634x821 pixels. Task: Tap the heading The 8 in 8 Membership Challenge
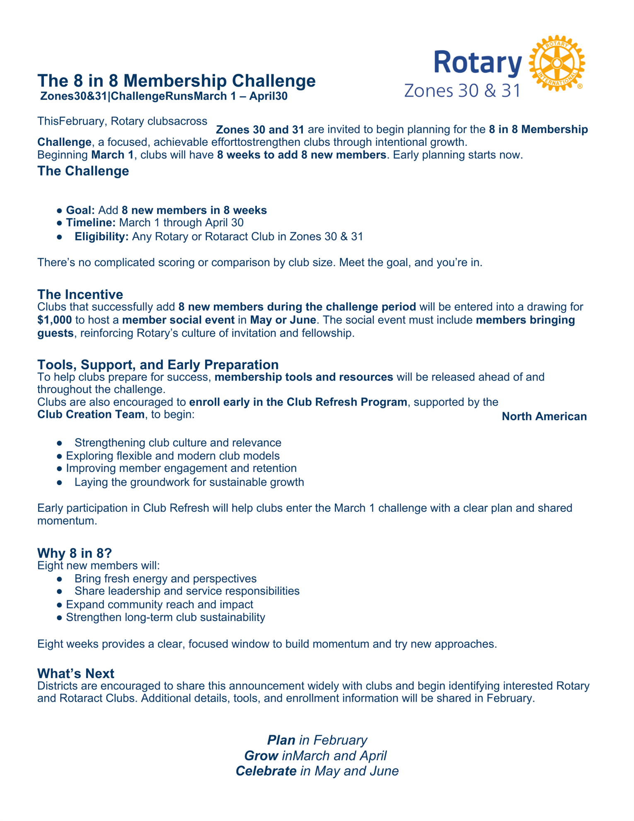[x=177, y=80]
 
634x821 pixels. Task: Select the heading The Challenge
[x=83, y=171]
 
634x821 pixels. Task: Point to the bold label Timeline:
[x=91, y=223]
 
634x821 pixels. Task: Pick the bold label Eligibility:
[x=102, y=237]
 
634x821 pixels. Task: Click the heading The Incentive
[x=80, y=294]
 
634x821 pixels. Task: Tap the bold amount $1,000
[x=54, y=320]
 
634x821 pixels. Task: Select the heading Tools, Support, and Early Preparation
[x=158, y=364]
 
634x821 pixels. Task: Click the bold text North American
[x=544, y=417]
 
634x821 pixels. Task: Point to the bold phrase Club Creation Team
[x=90, y=415]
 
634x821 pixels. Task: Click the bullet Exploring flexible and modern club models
[x=173, y=456]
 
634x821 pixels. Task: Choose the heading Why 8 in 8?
[x=75, y=553]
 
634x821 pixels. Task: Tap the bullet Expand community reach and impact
[x=160, y=605]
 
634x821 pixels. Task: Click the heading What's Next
[x=75, y=673]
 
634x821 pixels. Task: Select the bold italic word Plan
[x=281, y=740]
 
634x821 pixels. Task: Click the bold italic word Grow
[x=261, y=755]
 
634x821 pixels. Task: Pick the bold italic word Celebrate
[x=266, y=771]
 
